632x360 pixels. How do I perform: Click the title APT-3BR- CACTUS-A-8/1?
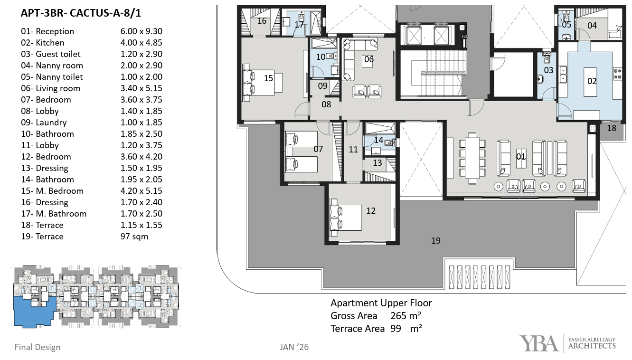[81, 13]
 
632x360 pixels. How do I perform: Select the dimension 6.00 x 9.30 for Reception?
[141, 31]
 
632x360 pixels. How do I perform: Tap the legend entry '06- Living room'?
[50, 88]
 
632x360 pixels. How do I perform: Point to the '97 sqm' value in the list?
[134, 237]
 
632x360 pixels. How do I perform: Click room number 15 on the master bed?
[268, 78]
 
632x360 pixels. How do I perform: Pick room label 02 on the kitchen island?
[592, 81]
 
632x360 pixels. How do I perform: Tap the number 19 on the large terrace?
[435, 240]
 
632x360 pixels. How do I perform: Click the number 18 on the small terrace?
[612, 128]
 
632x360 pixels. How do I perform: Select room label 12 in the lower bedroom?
[371, 211]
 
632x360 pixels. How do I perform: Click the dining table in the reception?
[472, 158]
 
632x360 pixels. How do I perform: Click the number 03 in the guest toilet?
[548, 70]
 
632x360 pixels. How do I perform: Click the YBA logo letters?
[539, 343]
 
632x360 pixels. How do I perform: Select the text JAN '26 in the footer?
[294, 347]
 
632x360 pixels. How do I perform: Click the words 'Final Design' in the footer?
[38, 347]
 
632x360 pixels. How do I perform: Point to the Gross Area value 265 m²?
[406, 316]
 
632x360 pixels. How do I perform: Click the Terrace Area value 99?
[396, 329]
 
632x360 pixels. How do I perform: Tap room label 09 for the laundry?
[322, 86]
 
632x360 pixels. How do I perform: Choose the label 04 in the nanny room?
[592, 26]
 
